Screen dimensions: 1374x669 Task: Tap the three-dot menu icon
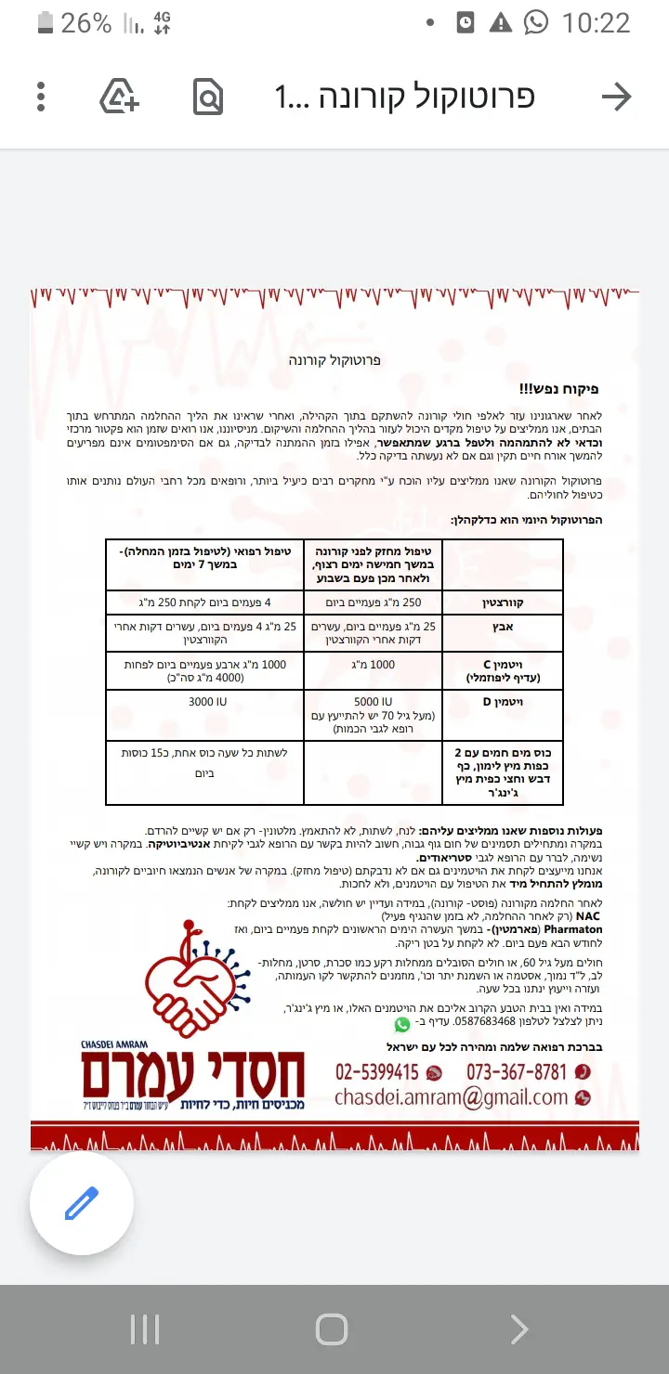tap(41, 97)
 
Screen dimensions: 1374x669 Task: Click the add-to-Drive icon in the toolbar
tap(120, 97)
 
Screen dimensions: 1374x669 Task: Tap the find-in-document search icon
tap(208, 97)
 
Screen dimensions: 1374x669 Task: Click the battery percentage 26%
tap(86, 23)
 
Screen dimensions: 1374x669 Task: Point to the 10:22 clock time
tap(597, 23)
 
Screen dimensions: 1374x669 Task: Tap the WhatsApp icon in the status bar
tap(536, 23)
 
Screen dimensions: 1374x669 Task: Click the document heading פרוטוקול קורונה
tap(334, 360)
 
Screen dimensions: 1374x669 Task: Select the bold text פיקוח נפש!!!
tap(558, 389)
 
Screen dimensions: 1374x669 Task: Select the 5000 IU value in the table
tap(374, 702)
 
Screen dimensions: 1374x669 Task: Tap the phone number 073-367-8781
tap(516, 1072)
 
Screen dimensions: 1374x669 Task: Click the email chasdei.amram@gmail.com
tap(452, 1097)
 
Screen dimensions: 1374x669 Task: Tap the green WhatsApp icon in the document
tap(401, 1024)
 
